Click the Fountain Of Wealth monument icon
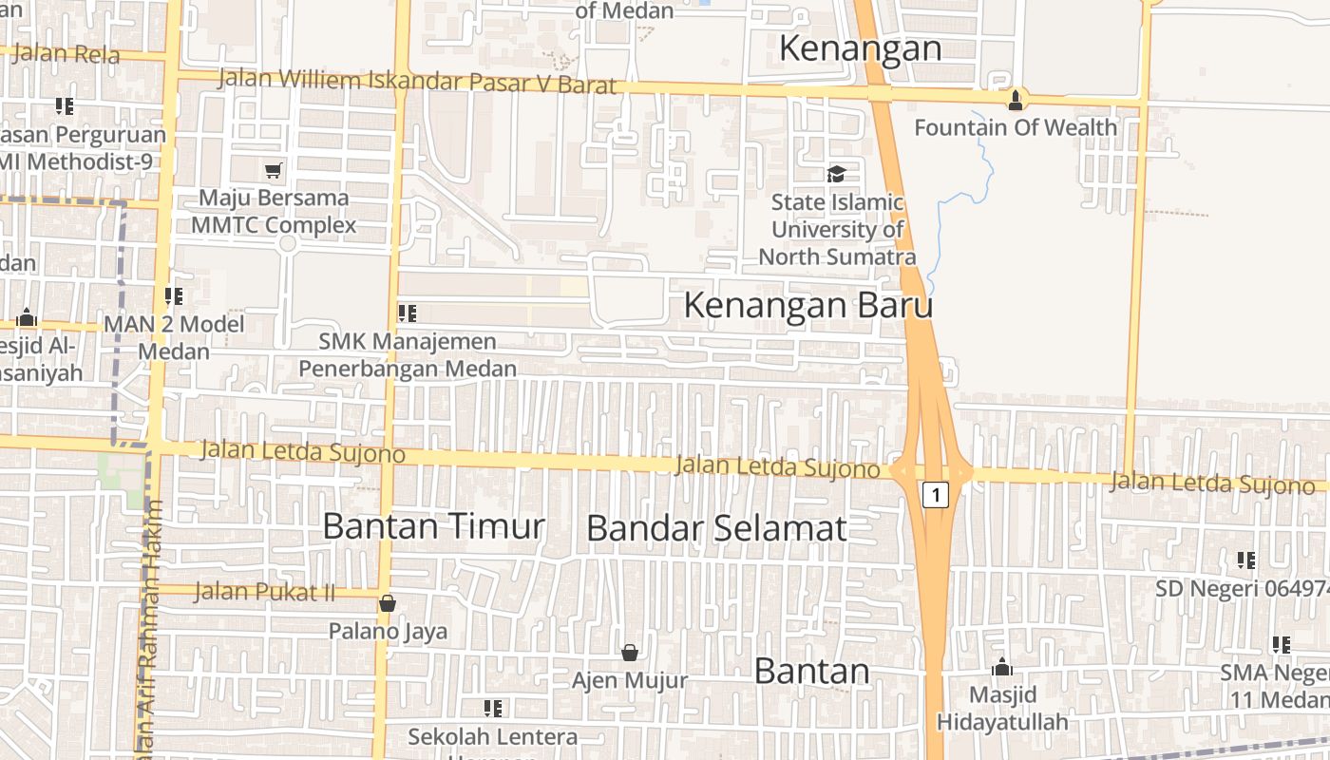(1016, 99)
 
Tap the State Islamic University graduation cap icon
(836, 174)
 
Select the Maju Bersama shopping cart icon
(274, 170)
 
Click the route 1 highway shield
(936, 494)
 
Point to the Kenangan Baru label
(807, 306)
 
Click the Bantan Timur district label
(433, 525)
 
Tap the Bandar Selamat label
(715, 528)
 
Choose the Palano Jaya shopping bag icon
(388, 603)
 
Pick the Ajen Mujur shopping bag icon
(629, 653)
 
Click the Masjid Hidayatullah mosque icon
(1002, 667)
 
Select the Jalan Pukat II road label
(264, 592)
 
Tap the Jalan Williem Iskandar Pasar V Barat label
(418, 82)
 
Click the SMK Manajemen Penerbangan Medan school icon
(408, 313)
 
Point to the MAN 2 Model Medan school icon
(174, 296)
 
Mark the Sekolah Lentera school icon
(493, 708)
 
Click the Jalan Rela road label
(51, 53)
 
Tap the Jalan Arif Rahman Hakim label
(150, 627)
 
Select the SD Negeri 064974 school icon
(1246, 560)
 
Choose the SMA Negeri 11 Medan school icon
(1282, 645)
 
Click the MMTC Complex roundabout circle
(288, 243)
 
